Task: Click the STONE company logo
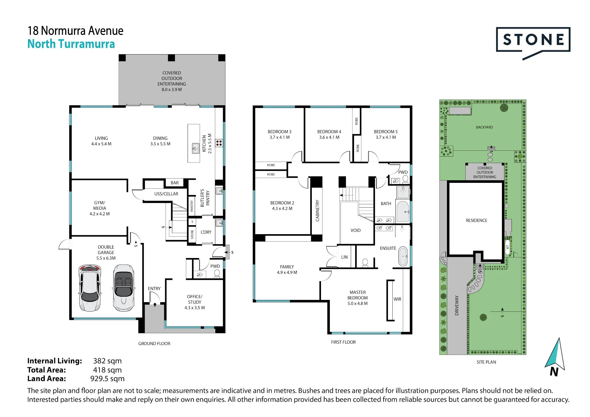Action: pyautogui.click(x=533, y=43)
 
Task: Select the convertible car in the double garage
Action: pyautogui.click(x=124, y=288)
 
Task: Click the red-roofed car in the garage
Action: pyautogui.click(x=90, y=288)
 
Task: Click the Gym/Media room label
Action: pyautogui.click(x=100, y=208)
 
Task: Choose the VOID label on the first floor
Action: pyautogui.click(x=355, y=230)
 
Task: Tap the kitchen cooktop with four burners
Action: pyautogui.click(x=219, y=143)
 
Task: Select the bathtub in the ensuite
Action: pyautogui.click(x=403, y=256)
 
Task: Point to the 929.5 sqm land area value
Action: pyautogui.click(x=107, y=379)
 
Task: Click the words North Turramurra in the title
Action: pyautogui.click(x=71, y=44)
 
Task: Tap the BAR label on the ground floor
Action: pyautogui.click(x=175, y=183)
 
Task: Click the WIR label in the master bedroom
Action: pyautogui.click(x=397, y=299)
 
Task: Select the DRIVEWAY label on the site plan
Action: pyautogui.click(x=457, y=306)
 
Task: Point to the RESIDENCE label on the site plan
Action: pyautogui.click(x=476, y=221)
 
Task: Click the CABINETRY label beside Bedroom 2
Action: pyautogui.click(x=317, y=211)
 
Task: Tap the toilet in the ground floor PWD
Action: pyautogui.click(x=217, y=274)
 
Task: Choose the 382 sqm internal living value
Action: pyautogui.click(x=107, y=361)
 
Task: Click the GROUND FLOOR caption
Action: pyautogui.click(x=154, y=344)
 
